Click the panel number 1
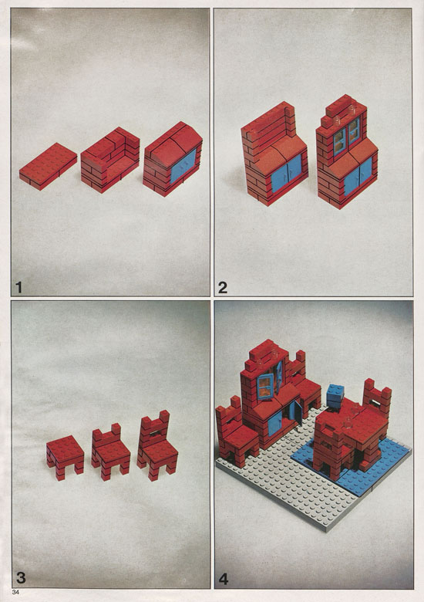19,287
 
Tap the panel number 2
222,287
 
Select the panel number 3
20,578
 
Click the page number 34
15,592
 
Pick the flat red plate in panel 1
48,166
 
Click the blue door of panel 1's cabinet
183,166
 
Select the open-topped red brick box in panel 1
110,159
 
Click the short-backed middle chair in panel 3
110,450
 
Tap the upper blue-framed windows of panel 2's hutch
347,137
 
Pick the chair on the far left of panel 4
236,432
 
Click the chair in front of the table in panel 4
331,449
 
